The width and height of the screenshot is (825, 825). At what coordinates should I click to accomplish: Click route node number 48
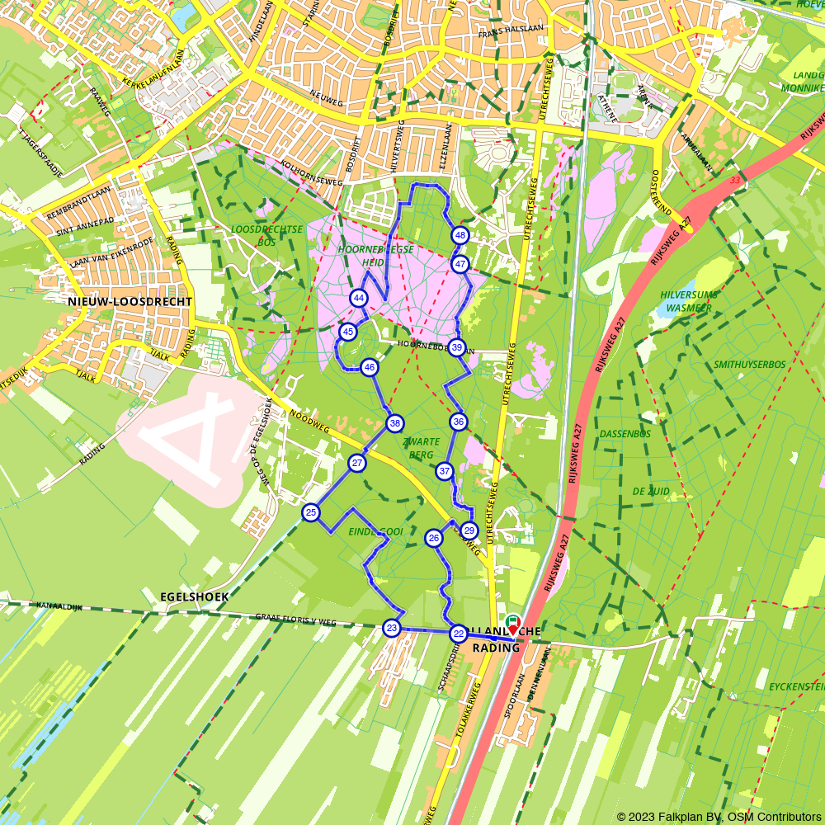point(460,236)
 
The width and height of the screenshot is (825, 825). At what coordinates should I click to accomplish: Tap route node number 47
point(460,265)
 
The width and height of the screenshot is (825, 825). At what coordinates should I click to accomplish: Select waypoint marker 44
point(358,298)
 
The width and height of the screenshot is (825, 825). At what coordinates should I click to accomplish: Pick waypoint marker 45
point(347,332)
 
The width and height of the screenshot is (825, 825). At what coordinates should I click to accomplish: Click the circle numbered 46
point(369,367)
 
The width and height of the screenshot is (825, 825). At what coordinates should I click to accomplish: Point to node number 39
point(456,347)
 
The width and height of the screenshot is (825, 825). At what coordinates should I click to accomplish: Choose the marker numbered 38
point(395,424)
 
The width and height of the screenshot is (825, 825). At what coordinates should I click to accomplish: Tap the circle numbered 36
point(459,422)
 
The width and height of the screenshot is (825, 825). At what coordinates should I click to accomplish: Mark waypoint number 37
point(445,472)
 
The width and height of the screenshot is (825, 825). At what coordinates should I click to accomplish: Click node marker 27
point(356,463)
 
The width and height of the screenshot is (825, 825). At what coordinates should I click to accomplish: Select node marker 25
point(310,513)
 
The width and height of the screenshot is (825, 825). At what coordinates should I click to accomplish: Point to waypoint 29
point(469,530)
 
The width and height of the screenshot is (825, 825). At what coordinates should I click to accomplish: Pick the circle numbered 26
point(434,539)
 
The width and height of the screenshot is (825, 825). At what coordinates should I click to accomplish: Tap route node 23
point(391,629)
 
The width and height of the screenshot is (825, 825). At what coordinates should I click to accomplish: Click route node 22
point(458,634)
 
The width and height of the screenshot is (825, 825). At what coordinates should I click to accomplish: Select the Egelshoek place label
point(196,596)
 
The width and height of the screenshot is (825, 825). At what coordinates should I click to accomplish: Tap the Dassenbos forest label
point(625,433)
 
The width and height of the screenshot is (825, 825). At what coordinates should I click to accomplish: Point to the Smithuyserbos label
point(750,363)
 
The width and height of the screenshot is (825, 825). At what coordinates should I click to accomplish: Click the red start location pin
point(512,628)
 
